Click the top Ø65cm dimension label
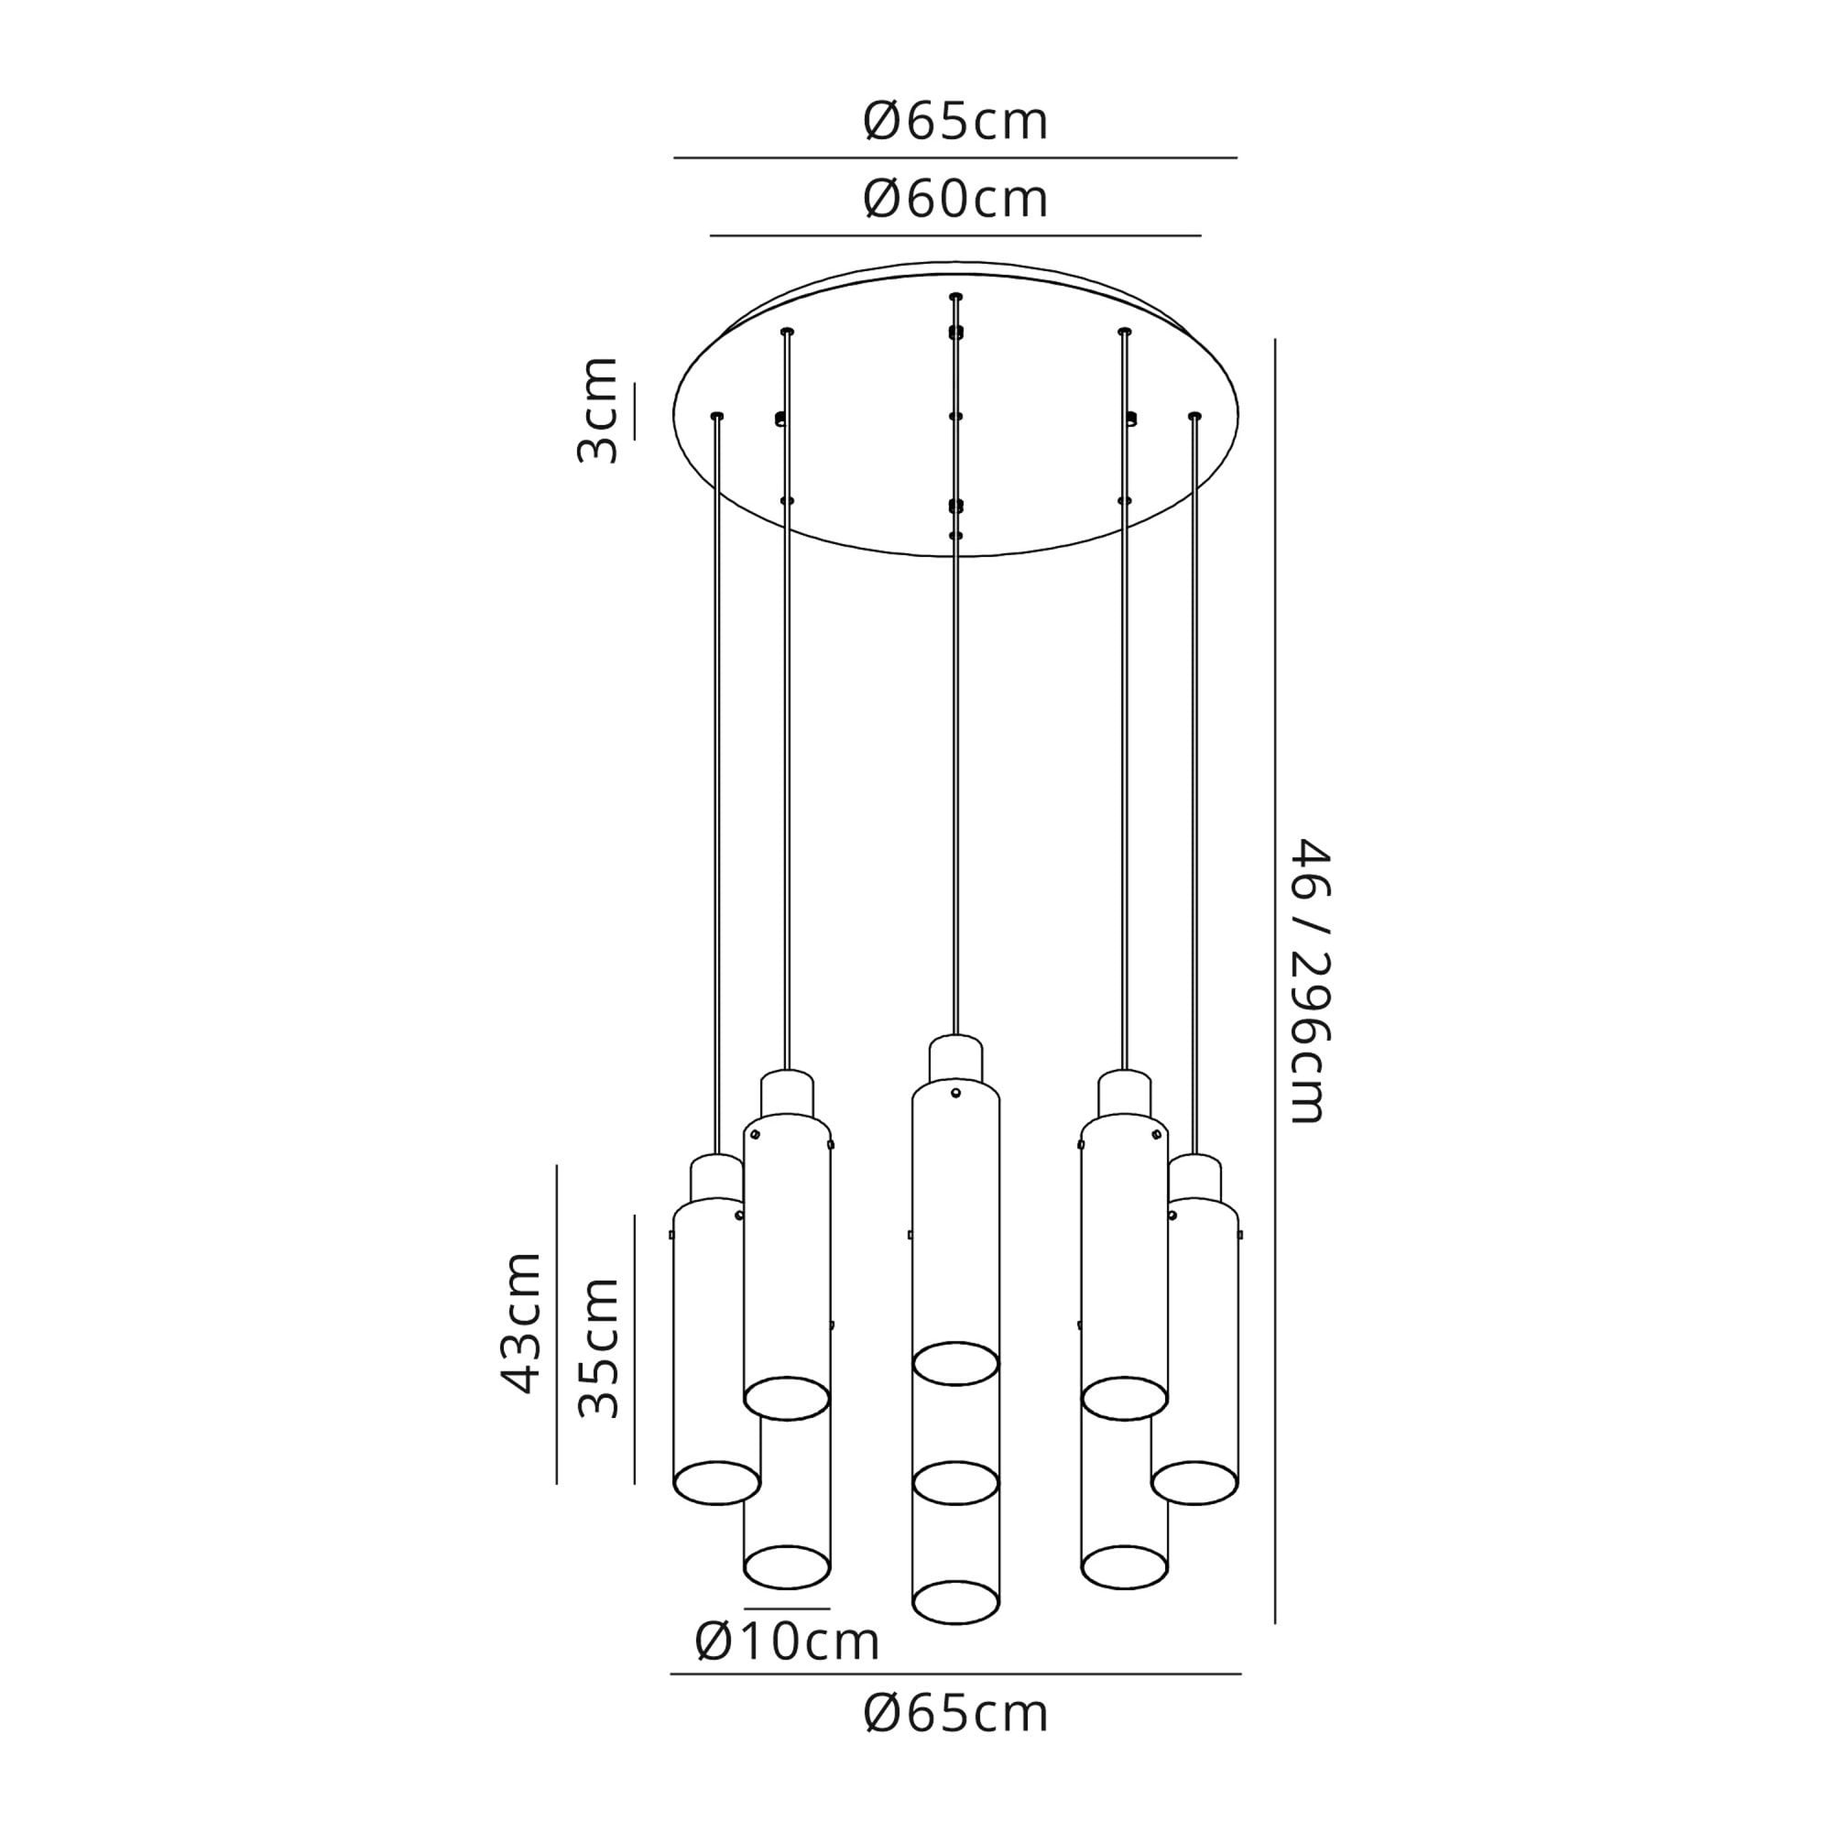954,123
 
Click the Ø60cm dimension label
954,200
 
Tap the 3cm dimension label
597,409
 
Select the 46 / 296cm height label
1312,980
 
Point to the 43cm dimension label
520,1323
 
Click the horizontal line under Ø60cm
955,235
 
